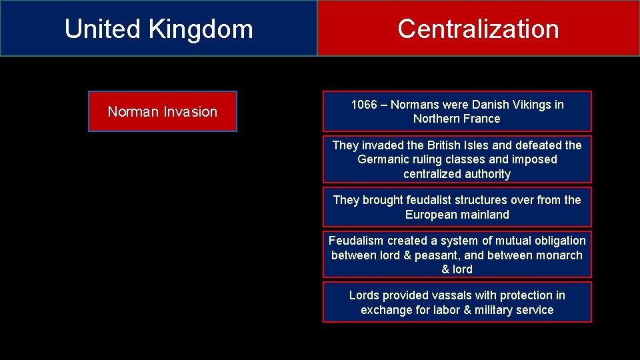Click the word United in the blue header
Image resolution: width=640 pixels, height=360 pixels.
point(102,29)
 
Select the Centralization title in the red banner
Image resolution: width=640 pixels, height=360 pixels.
point(478,29)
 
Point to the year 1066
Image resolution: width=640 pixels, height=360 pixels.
point(364,105)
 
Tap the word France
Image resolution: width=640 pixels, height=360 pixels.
point(483,119)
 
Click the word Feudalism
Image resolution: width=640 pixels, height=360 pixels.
point(356,241)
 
